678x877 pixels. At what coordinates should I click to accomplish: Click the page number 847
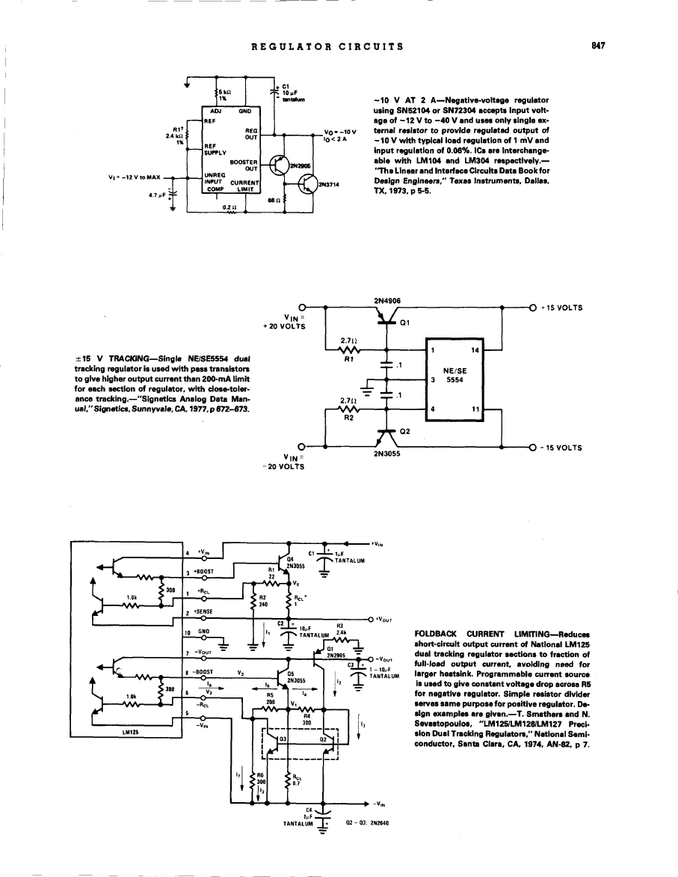597,46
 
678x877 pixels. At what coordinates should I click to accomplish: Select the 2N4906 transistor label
386,301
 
